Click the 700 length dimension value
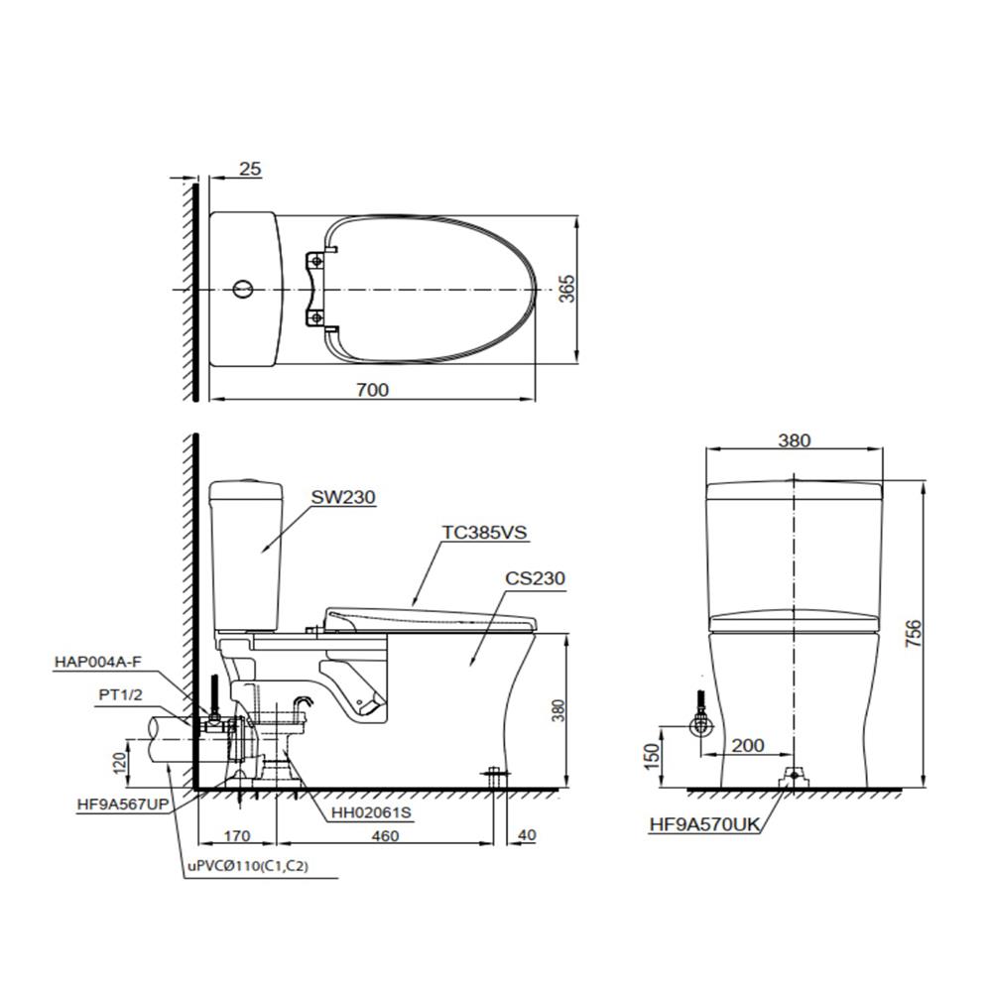coord(372,390)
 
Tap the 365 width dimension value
coord(567,289)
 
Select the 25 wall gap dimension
coord(250,169)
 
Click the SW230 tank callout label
coord(343,497)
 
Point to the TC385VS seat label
coord(484,532)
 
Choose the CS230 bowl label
coord(535,578)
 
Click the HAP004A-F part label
coord(98,663)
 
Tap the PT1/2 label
coord(120,694)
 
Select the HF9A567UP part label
coord(123,805)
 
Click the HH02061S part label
coord(371,811)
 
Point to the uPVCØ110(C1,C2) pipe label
coord(247,866)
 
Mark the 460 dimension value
coord(385,836)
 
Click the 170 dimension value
coord(237,836)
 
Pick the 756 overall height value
coord(914,633)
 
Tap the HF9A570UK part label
coord(704,824)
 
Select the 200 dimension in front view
coord(748,745)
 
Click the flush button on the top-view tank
coord(243,289)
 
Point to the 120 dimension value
coord(119,761)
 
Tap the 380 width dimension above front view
coord(794,440)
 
